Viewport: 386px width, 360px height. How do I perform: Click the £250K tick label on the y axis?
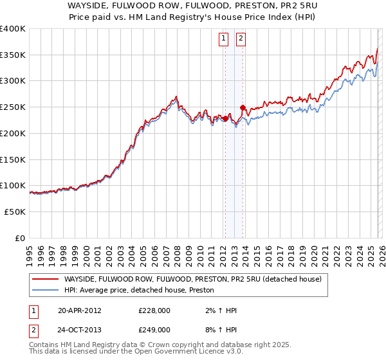13,107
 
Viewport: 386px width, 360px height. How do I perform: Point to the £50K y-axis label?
15,212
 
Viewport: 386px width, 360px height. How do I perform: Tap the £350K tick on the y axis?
13,55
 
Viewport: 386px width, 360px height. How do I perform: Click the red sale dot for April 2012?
225,119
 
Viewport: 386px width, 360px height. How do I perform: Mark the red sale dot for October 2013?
243,107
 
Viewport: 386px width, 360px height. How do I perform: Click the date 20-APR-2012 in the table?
79,310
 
